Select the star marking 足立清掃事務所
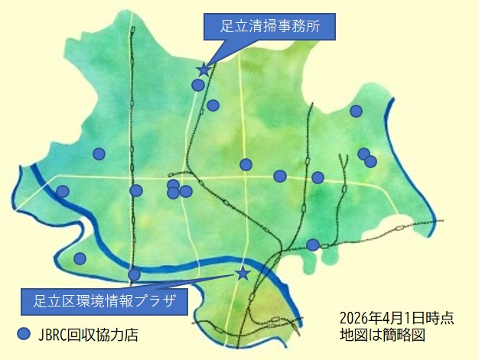tap(203, 70)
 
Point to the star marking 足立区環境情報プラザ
tap(243, 273)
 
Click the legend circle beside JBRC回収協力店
tap(24, 333)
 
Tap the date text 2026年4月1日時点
tap(396, 318)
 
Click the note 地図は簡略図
tap(382, 334)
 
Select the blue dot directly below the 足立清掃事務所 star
tap(198, 85)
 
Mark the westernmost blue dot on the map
tap(63, 191)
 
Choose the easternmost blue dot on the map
tap(371, 161)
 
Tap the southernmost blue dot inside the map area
tap(135, 274)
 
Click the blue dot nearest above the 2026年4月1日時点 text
tap(312, 245)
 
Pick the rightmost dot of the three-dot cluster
tap(186, 191)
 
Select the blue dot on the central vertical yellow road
tap(246, 164)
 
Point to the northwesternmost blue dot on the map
tap(99, 154)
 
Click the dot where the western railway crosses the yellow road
tap(136, 190)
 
